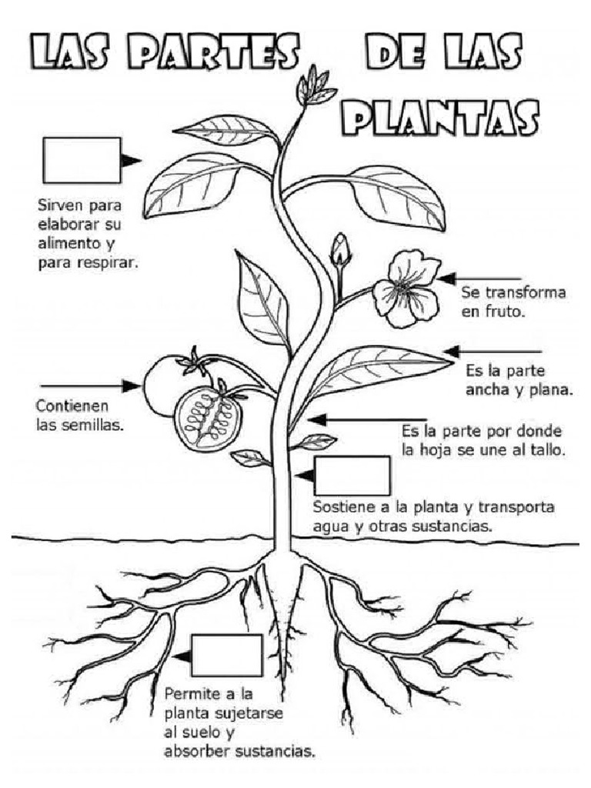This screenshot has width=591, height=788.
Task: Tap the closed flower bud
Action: click(340, 251)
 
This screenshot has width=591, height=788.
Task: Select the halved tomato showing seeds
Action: click(208, 418)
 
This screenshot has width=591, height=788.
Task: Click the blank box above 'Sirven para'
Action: click(82, 160)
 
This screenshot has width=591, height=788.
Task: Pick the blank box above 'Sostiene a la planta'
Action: click(352, 476)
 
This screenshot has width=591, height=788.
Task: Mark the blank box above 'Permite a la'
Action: click(226, 655)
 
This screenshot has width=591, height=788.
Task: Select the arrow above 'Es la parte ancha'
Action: click(492, 352)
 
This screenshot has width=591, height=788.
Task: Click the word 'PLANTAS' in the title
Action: click(439, 119)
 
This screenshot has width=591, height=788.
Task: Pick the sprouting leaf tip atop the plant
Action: click(314, 84)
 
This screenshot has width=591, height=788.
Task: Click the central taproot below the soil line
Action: click(285, 608)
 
